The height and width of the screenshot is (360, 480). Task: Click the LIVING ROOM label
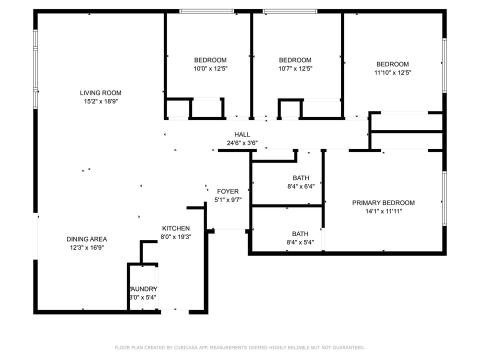100,92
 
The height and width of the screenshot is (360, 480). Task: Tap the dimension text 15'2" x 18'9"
100,101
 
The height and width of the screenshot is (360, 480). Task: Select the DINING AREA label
86,239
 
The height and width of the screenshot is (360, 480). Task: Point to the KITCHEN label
175,228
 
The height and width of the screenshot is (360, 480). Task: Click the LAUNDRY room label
143,289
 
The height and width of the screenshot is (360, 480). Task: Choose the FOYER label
227,191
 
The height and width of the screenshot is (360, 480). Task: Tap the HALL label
242,134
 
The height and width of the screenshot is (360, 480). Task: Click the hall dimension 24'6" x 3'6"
242,142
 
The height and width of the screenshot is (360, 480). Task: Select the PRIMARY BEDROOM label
383,202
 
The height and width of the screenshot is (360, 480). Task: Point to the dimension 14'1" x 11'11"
383,211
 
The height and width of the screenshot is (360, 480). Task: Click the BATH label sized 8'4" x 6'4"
300,177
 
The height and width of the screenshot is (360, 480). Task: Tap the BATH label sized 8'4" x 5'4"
300,233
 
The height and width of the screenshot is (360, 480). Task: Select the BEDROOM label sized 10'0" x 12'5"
210,60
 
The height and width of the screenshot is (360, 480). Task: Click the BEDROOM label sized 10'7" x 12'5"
295,60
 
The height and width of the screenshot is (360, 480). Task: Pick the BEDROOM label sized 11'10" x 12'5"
392,64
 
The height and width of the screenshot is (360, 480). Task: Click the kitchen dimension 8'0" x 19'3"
176,236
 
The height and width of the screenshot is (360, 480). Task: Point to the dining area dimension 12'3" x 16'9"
86,247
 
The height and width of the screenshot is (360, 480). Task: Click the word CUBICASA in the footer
186,347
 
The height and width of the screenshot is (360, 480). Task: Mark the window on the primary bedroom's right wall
444,199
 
